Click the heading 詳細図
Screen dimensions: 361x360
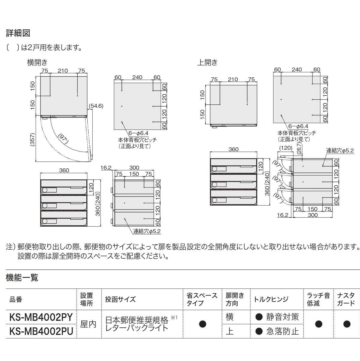[x=18, y=33]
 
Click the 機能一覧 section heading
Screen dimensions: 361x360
[x=22, y=278]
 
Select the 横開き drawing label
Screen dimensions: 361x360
[x=37, y=62]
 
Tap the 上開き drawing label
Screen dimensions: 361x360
[x=207, y=62]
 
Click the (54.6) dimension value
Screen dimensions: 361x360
[x=96, y=106]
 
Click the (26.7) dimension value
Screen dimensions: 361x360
[x=299, y=148]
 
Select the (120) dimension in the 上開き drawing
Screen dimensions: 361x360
[x=286, y=148]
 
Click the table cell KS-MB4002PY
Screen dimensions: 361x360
[x=41, y=317]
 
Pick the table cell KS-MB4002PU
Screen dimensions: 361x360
[x=41, y=331]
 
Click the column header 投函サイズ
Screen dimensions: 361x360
[x=120, y=299]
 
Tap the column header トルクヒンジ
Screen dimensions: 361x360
[x=271, y=299]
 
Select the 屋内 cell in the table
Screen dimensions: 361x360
[x=88, y=324]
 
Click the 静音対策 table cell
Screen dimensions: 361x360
[x=282, y=317]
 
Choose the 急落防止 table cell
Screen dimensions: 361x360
[x=282, y=331]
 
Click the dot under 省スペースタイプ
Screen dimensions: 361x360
[x=203, y=324]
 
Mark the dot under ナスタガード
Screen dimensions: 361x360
[x=347, y=324]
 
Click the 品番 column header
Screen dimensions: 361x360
[x=16, y=299]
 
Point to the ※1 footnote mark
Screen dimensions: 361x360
[x=174, y=317]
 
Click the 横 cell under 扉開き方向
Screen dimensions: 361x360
[x=229, y=317]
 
